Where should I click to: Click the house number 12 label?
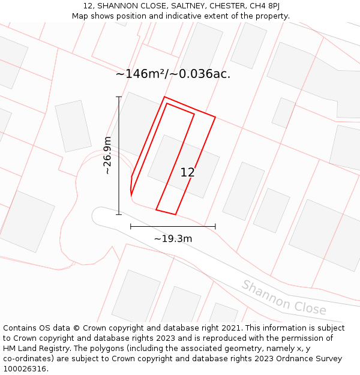187,172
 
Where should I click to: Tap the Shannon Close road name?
284,297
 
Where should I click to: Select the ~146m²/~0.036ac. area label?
173,74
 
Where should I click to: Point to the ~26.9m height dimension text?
107,155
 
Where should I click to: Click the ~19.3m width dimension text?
173,239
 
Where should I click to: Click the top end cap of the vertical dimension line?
119,97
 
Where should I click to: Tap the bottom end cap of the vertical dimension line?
119,214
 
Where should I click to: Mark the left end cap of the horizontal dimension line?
131,226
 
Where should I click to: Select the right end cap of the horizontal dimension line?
215,226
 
